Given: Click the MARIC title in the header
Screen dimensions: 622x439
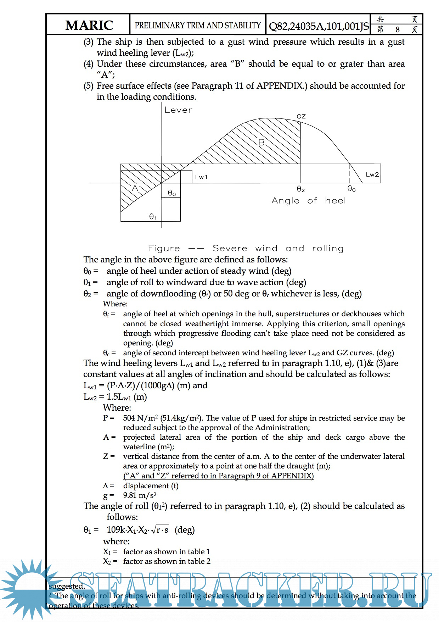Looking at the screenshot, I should point(89,25).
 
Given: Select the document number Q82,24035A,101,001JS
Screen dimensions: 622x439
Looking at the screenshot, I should point(319,26).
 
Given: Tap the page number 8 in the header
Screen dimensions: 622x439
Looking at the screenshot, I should point(398,29).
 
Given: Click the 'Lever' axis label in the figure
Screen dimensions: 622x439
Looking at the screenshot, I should point(178,110).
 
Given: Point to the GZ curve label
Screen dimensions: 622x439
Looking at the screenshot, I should point(301,116).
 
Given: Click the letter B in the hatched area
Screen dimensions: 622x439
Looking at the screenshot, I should point(261,143).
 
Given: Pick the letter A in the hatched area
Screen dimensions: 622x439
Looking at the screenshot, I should point(135,188).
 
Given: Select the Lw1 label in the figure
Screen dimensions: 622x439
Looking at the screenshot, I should point(201,177).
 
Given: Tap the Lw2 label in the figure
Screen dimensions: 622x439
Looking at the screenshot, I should point(372,174).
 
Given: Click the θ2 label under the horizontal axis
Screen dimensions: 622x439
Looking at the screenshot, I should point(300,189).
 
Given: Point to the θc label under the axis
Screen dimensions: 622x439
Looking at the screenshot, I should point(351,189).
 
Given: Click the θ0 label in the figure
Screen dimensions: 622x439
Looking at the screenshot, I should point(171,193).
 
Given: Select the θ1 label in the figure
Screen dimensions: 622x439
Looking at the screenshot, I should point(153,216).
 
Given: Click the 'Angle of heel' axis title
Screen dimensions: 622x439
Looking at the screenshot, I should point(308,201).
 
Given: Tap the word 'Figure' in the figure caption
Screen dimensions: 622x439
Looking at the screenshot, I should point(164,248).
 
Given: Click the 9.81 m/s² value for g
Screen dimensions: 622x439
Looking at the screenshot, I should point(140,495).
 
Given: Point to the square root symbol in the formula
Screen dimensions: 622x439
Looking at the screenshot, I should point(154,530).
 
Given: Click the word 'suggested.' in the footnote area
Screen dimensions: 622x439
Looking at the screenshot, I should point(67,586).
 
